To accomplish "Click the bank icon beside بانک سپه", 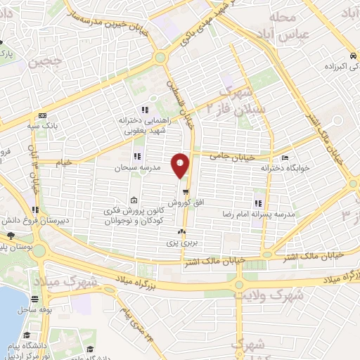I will [x=44, y=115].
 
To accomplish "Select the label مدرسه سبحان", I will [x=139, y=169].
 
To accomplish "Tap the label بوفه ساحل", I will [x=33, y=309].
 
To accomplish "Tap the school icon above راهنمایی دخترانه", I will [x=144, y=110].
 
